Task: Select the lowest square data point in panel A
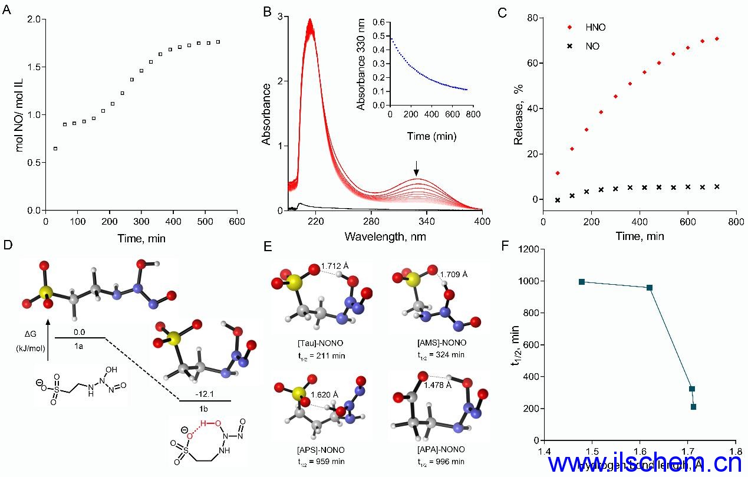(55, 149)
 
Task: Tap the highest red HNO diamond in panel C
(717, 39)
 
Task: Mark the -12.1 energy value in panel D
(205, 392)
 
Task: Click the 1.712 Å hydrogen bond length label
(334, 266)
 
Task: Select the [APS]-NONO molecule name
(321, 450)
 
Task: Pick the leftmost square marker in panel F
(582, 282)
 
